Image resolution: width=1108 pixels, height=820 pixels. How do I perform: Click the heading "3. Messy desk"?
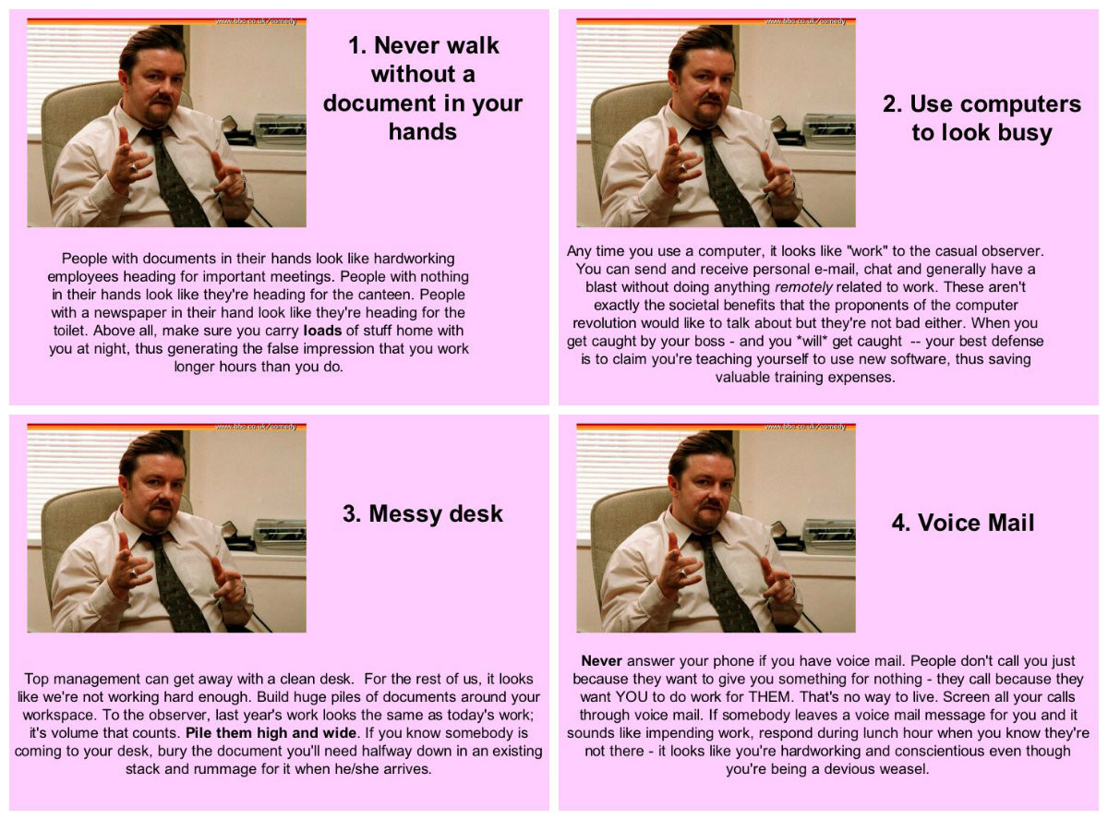(x=423, y=514)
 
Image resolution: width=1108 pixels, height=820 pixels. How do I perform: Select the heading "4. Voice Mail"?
(x=963, y=523)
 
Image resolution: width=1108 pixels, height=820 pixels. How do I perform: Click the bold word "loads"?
(x=322, y=331)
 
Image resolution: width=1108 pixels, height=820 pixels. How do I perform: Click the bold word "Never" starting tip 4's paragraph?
(x=602, y=660)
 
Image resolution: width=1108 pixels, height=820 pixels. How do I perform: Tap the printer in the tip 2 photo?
(x=828, y=129)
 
